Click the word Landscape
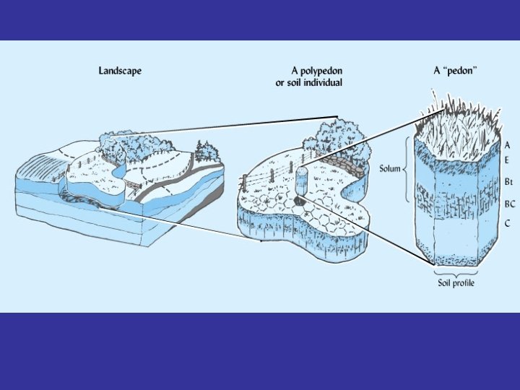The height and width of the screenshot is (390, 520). coord(119,71)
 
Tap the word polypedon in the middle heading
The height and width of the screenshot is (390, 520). coord(321,71)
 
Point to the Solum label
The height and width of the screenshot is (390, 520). coord(390,170)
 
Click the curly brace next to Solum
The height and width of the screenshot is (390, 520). coord(407,170)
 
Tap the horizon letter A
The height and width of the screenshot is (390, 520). coord(508,145)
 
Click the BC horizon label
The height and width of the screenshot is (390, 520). coord(510,204)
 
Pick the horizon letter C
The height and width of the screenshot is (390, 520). coord(508,224)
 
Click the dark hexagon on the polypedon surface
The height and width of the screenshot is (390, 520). coord(298,200)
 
